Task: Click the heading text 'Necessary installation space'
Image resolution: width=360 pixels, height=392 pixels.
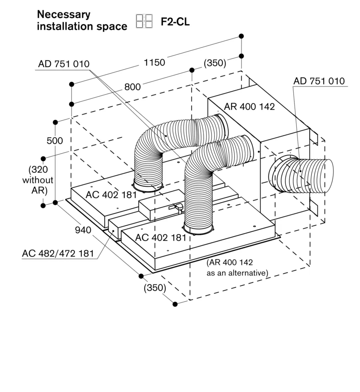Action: tap(82, 20)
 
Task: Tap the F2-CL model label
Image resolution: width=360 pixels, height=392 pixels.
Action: tap(175, 22)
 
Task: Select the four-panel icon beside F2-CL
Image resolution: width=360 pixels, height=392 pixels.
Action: tap(144, 21)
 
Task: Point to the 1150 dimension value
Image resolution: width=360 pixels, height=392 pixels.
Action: tap(154, 62)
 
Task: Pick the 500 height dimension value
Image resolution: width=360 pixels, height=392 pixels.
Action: tap(54, 141)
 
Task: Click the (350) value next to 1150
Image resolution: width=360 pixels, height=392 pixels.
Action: tap(215, 63)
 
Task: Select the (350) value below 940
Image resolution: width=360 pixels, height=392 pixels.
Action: tap(154, 288)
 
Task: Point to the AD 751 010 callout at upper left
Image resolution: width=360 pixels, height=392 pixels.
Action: tap(64, 64)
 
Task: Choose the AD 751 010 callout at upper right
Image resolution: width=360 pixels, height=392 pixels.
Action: tap(318, 81)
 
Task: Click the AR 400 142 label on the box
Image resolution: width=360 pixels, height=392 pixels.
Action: tap(249, 107)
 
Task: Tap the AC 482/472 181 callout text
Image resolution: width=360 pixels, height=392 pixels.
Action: tap(58, 253)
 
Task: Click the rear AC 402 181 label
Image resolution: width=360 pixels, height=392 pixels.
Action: tap(111, 194)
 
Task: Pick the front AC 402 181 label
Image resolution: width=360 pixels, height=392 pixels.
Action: tap(160, 237)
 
